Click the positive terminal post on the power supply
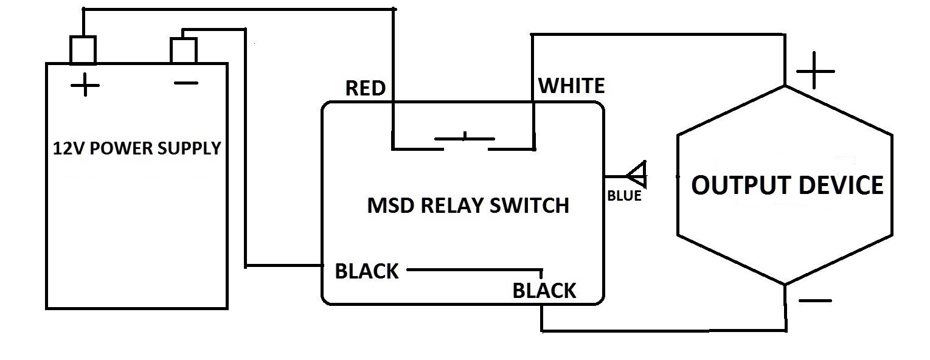pos(83,50)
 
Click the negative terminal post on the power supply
pos(183,50)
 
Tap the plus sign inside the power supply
pos(85,86)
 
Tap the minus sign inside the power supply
pos(186,83)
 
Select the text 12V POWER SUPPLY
pos(137,148)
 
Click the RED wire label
pos(365,89)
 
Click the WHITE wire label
pos(572,86)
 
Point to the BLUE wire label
pos(624,196)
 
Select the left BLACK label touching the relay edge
pos(367,271)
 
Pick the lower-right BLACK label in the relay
pos(544,291)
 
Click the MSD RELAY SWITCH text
pos(468,206)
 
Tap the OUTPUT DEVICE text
pos(787,185)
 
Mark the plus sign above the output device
pos(815,71)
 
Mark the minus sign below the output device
pos(814,300)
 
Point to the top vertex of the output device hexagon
pos(785,86)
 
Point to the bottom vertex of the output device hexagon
pos(785,284)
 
